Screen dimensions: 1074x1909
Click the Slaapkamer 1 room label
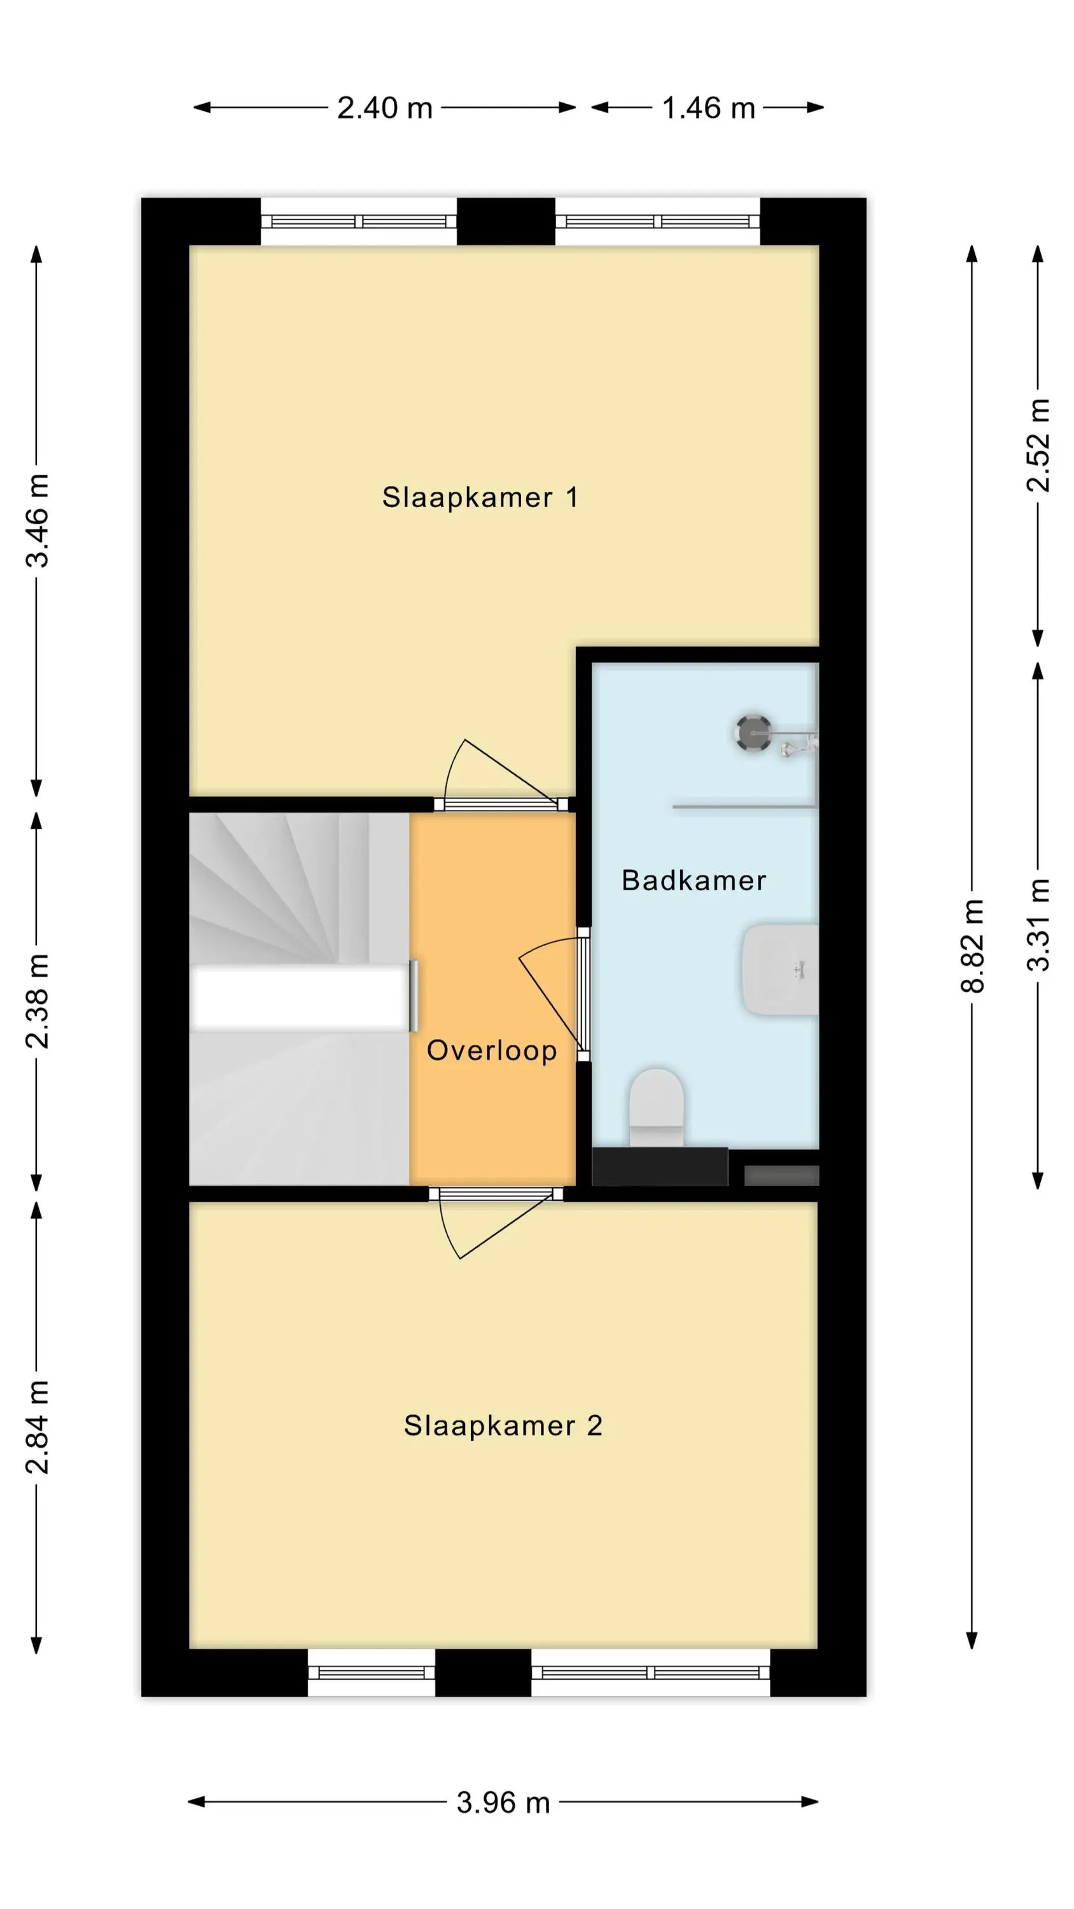coord(480,497)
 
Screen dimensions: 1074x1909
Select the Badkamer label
coord(693,881)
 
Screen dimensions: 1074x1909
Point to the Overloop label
coord(491,1050)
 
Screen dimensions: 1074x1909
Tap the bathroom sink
coord(781,969)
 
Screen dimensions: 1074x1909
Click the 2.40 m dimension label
coord(385,108)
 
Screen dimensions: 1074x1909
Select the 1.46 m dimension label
coord(708,108)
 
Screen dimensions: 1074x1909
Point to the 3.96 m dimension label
coord(503,1802)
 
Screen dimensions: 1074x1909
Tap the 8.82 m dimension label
coord(972,946)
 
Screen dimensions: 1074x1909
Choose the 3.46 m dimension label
coord(37,521)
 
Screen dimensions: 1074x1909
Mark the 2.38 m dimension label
coord(37,1001)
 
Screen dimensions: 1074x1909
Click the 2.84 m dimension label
coord(37,1427)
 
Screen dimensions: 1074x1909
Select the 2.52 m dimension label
coord(1038,445)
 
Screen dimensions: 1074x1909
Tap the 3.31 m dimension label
coord(1038,925)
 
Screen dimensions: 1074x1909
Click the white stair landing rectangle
coord(300,998)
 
